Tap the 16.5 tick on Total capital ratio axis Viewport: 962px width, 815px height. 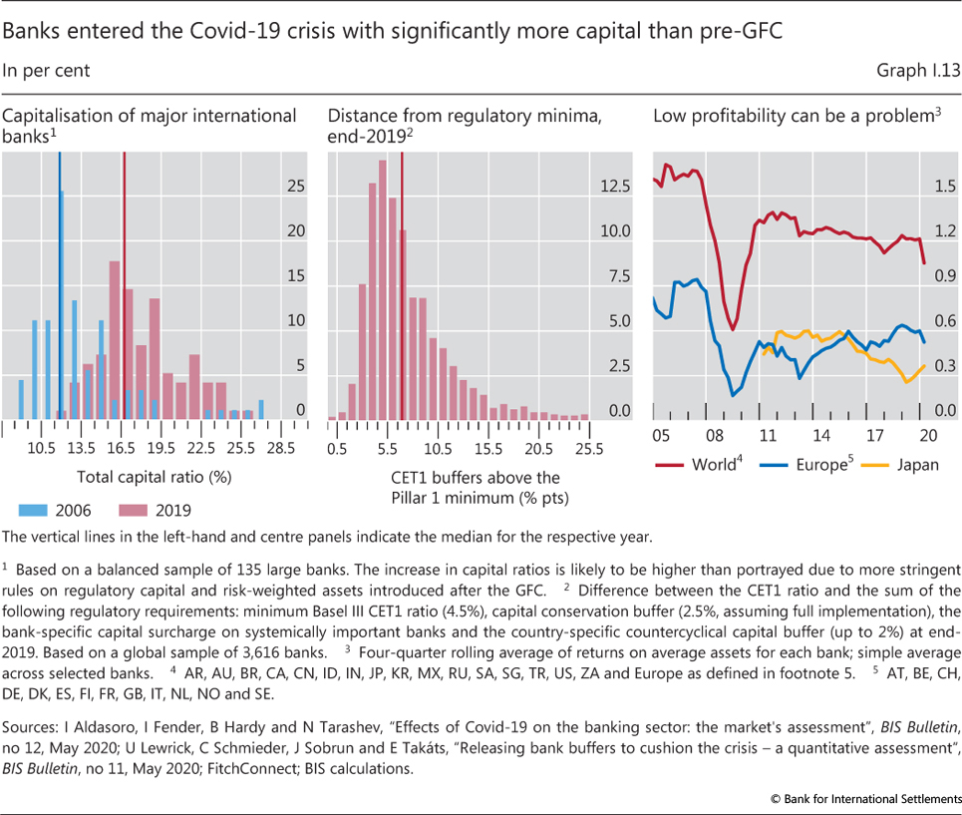tap(121, 448)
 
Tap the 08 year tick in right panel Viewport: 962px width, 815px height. tap(714, 435)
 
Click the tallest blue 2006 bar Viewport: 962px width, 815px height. tap(61, 304)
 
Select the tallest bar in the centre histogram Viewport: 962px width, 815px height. tap(382, 289)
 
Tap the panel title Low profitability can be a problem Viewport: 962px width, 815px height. tap(794, 116)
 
